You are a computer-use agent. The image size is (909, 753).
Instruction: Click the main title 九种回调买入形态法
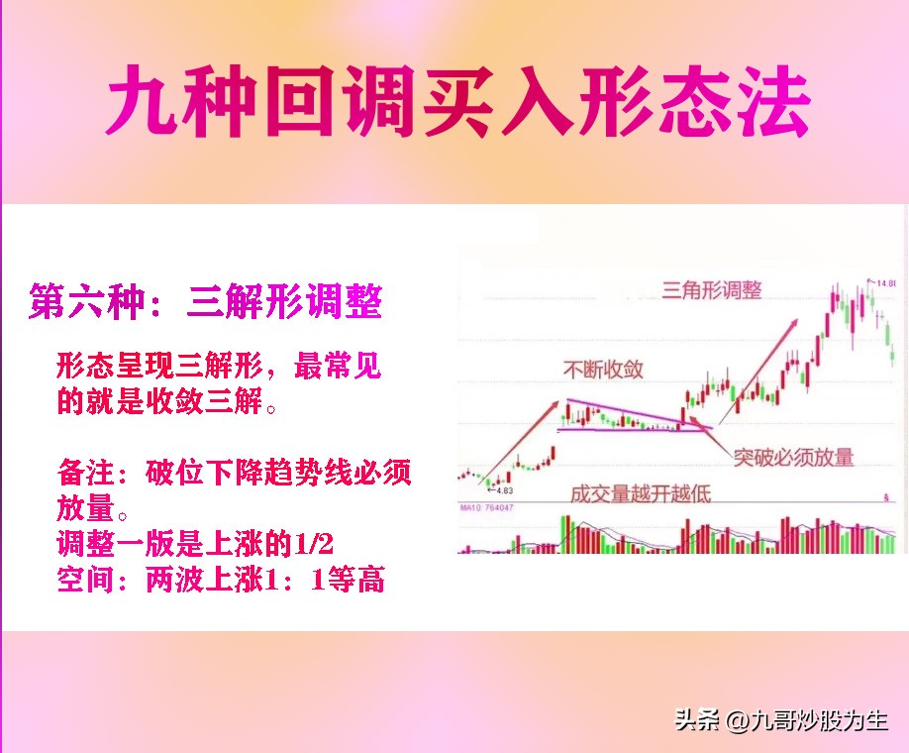457,103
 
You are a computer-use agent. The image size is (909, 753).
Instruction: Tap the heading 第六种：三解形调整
205,301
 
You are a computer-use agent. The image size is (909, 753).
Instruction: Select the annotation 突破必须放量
794,457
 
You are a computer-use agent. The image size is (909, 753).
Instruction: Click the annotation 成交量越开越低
640,491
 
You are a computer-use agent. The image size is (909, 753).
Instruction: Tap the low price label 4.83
504,490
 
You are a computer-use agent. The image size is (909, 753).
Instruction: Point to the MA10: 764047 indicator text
487,508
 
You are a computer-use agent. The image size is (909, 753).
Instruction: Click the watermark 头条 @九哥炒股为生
781,721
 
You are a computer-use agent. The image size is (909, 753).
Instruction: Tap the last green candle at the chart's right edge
892,353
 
